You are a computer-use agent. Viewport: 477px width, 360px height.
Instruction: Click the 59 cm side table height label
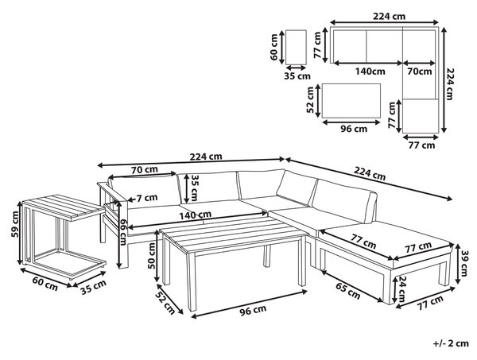14,224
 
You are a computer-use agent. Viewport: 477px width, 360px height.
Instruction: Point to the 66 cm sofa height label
122,232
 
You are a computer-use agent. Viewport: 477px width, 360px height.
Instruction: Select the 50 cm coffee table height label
151,256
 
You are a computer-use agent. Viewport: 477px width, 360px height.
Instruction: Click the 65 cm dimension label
348,291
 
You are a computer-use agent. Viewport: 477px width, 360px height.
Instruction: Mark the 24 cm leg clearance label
401,288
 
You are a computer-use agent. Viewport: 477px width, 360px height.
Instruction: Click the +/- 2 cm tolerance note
451,343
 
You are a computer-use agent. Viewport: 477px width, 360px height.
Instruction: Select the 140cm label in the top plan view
370,72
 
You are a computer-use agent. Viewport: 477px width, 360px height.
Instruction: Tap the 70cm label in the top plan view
420,72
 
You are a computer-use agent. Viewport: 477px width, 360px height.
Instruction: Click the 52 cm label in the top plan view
310,99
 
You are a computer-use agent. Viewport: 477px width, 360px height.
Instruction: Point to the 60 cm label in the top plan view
273,47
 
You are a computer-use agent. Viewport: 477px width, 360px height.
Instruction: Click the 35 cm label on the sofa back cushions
193,188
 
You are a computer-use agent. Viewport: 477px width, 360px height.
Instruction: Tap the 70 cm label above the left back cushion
145,169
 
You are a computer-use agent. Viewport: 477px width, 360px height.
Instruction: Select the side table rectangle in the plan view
296,47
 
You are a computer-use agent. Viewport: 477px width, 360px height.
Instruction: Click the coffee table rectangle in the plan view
351,101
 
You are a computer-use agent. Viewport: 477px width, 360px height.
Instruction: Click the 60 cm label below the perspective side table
45,284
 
